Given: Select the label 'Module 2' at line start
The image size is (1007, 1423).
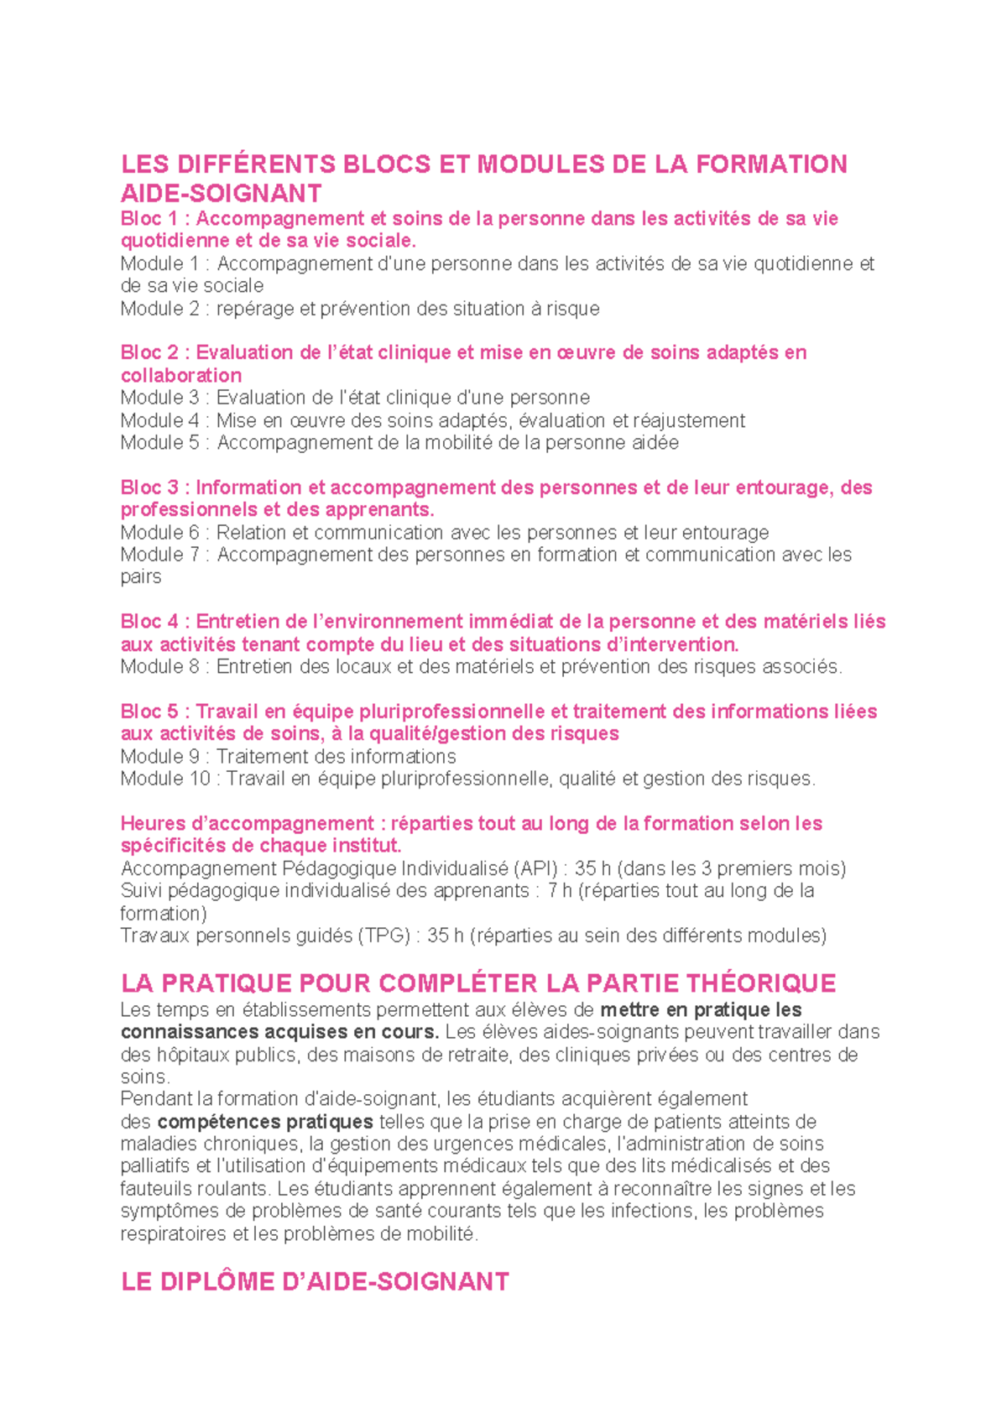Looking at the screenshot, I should (x=160, y=309).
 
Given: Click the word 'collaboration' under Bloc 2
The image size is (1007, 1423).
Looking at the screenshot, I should (x=181, y=376).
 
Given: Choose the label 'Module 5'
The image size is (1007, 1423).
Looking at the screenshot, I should (x=160, y=443).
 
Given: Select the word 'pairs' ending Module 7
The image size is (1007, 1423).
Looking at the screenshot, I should (x=141, y=577).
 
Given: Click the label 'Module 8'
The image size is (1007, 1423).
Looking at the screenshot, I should (x=160, y=667).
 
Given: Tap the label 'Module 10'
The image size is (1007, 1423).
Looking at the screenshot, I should (x=165, y=779).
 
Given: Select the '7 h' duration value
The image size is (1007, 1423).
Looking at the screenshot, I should (x=560, y=890).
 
